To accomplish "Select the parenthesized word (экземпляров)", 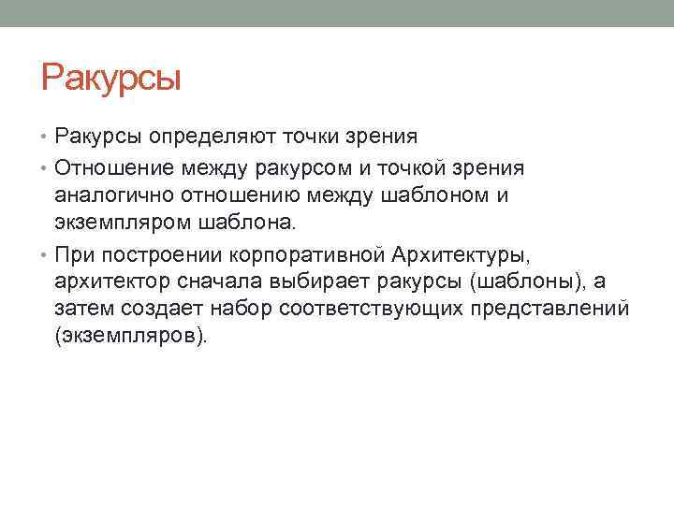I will pyautogui.click(x=126, y=335).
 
